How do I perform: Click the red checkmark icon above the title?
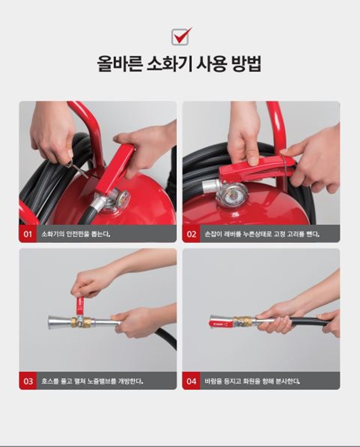point(181,36)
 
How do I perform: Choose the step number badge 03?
point(28,381)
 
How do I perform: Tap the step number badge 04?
point(191,381)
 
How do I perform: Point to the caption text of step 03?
point(93,381)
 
